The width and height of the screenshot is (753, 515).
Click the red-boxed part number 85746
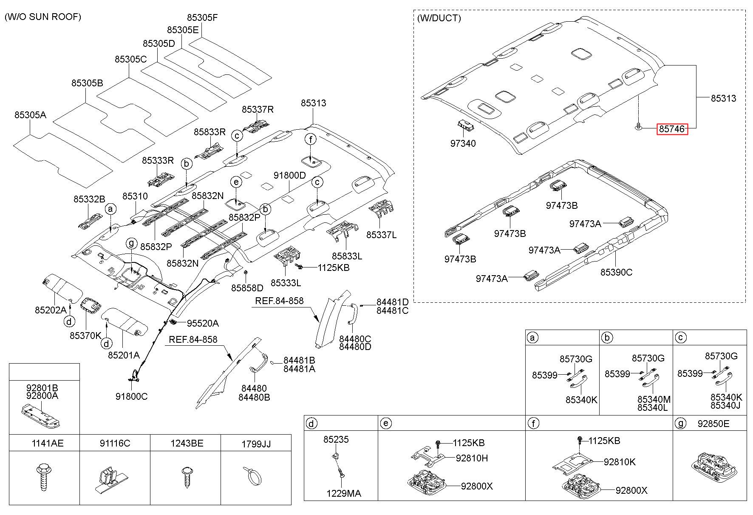[x=672, y=128]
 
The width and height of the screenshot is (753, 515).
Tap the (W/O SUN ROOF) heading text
[x=42, y=17]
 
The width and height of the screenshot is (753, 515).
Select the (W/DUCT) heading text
[x=439, y=18]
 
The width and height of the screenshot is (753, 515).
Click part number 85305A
[x=30, y=115]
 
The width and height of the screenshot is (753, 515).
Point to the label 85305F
[x=202, y=18]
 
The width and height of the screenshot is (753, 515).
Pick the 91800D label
[x=290, y=176]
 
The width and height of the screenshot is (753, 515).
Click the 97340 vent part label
[x=463, y=144]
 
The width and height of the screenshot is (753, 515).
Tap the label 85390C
[x=616, y=272]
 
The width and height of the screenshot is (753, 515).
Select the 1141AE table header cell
[x=48, y=444]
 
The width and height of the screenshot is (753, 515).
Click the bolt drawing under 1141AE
[x=43, y=478]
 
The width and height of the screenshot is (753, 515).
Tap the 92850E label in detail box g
[x=713, y=424]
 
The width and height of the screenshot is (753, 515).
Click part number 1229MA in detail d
[x=344, y=493]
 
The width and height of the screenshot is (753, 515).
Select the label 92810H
[x=472, y=458]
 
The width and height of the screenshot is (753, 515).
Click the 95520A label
[x=203, y=324]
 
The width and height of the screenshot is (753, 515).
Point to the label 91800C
[x=132, y=397]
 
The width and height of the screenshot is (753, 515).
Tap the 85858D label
[x=247, y=288]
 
